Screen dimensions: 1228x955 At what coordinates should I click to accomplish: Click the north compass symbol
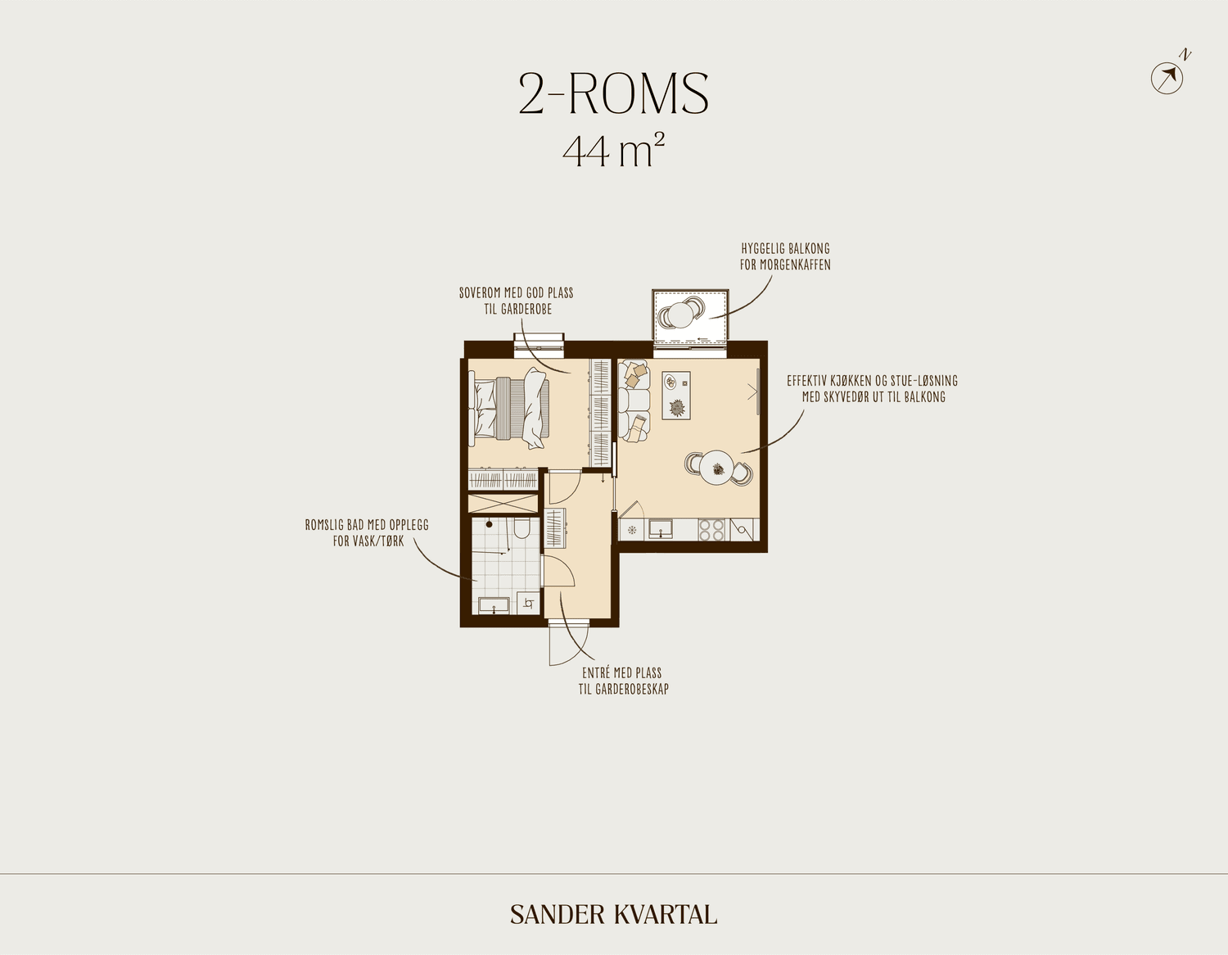pos(1167,78)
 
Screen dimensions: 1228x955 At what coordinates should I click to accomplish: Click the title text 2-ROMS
pos(614,94)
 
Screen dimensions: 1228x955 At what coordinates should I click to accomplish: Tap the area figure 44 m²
pos(614,151)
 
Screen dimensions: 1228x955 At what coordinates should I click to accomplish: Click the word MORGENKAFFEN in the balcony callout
pos(795,265)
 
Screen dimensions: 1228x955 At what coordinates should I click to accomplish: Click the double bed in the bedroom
pos(509,408)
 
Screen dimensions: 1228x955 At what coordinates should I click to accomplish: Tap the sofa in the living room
pos(634,400)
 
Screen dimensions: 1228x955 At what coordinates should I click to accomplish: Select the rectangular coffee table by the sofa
pos(676,395)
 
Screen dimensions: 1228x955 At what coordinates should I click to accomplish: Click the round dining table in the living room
pos(716,468)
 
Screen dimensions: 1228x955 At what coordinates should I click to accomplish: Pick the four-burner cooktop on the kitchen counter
pos(711,530)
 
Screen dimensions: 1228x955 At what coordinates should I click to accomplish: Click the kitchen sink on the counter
pos(660,529)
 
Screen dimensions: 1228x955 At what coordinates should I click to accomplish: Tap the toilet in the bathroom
pos(521,528)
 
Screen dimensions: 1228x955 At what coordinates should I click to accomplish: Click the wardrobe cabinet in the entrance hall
pos(554,527)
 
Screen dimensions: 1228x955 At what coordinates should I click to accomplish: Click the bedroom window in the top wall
pos(539,346)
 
